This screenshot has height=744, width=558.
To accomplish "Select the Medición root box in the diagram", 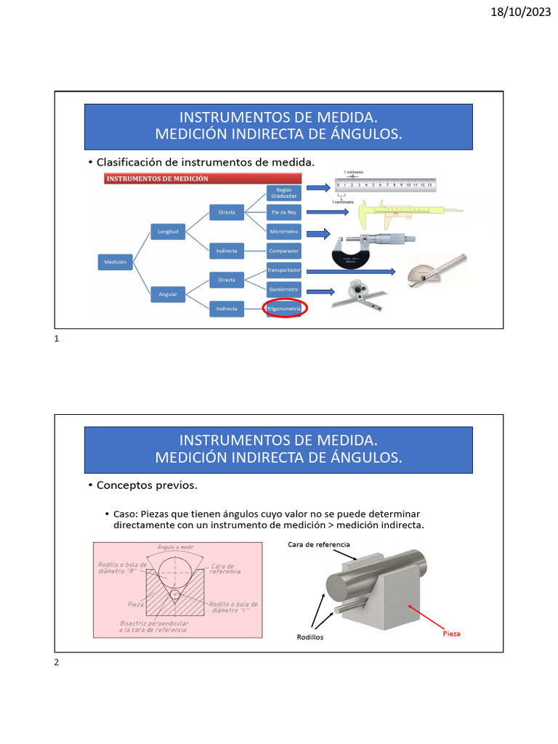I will click(x=116, y=262).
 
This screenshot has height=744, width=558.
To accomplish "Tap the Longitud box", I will click(x=168, y=231).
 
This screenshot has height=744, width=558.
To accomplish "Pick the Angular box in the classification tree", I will click(x=168, y=294).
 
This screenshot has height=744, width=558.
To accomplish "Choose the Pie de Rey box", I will click(x=283, y=212).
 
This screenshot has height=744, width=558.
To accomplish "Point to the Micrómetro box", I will click(x=283, y=232).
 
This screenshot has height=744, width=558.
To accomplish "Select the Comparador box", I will click(x=283, y=251).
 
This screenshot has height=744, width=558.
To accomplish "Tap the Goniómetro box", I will click(x=283, y=289).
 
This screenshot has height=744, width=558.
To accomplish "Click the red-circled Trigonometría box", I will click(x=283, y=309).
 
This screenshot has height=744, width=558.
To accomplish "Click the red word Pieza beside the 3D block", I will click(x=451, y=634).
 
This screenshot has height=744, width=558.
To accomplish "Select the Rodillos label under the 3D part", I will click(x=310, y=637).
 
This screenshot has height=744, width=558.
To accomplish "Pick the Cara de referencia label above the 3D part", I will click(x=319, y=544).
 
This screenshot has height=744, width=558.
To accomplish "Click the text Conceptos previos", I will click(x=147, y=485).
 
